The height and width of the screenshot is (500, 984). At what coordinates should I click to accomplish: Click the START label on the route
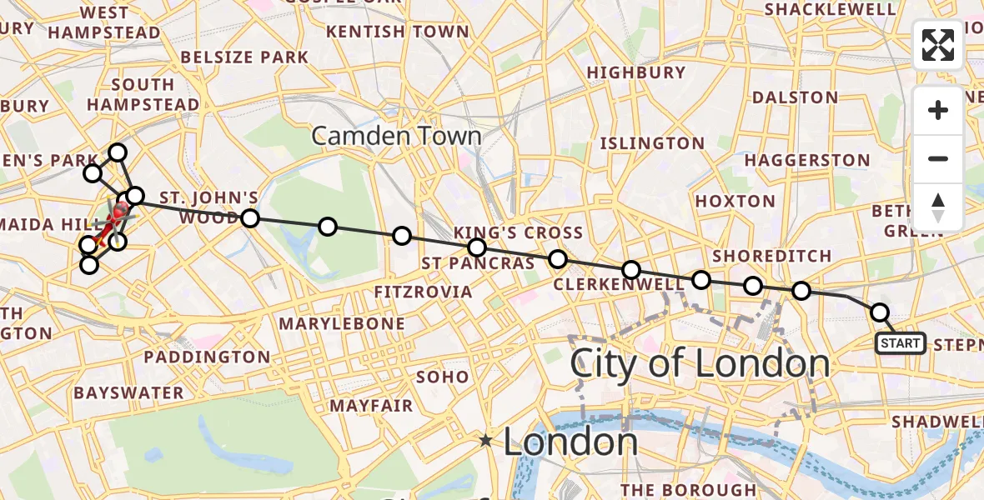[900, 343]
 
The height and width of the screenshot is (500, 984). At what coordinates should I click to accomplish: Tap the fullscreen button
[938, 45]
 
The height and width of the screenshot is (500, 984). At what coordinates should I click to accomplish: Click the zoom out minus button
[938, 158]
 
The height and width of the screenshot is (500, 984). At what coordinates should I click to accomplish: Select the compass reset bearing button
[938, 207]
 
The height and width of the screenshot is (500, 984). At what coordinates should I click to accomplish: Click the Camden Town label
[396, 136]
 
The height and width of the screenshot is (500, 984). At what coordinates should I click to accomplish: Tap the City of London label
[700, 364]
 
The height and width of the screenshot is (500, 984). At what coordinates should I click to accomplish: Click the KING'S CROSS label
[518, 232]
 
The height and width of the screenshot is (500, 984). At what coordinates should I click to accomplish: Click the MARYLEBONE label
[342, 323]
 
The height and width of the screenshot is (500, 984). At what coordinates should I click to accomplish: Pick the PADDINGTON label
[207, 357]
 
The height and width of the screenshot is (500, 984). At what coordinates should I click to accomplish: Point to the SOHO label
[443, 377]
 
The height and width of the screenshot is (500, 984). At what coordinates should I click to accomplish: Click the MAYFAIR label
[372, 406]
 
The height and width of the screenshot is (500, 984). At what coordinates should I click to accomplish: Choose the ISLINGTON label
[653, 143]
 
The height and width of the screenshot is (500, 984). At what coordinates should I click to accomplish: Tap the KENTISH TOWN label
[398, 32]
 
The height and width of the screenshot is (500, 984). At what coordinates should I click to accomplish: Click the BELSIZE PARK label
[244, 57]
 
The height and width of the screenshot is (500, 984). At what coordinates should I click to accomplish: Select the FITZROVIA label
[424, 292]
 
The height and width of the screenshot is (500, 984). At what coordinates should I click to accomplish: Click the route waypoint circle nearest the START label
[880, 312]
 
